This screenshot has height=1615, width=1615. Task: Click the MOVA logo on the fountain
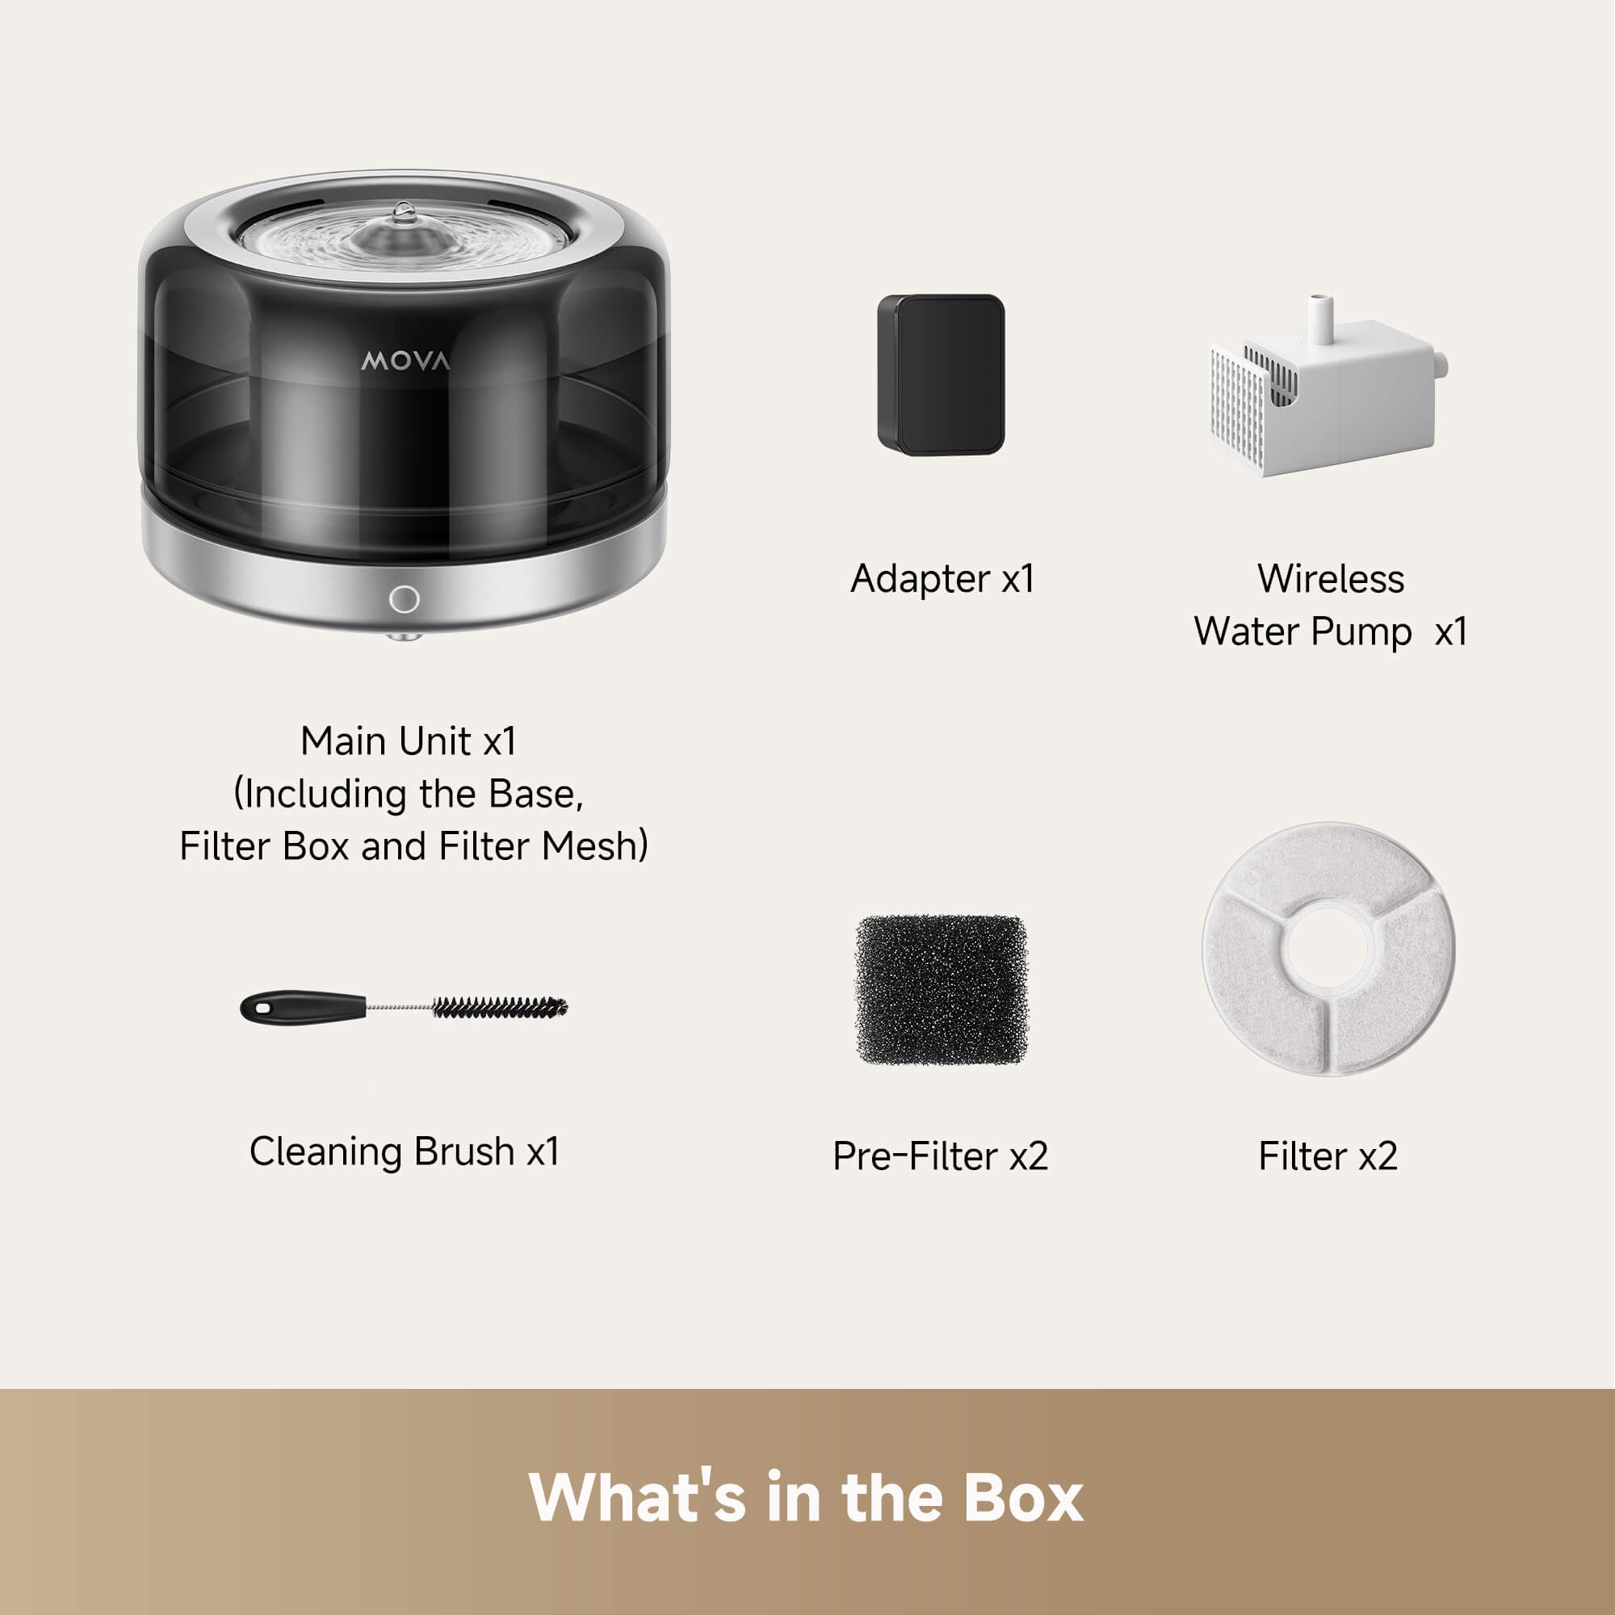coord(405,361)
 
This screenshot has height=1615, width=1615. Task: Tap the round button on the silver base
coord(405,599)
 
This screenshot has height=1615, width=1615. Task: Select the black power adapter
coord(941,375)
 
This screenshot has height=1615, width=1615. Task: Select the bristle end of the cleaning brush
coord(500,1006)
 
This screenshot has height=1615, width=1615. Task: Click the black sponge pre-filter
coord(941,990)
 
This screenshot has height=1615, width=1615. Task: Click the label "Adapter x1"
coord(942,578)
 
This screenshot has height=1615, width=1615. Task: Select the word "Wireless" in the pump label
coord(1330,578)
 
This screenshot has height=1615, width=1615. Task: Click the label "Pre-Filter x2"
coord(940,1156)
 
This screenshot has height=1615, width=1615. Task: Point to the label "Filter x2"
coord(1328,1156)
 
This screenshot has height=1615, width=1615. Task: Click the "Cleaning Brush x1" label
coord(404,1151)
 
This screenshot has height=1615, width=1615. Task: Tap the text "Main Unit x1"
coord(408,740)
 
